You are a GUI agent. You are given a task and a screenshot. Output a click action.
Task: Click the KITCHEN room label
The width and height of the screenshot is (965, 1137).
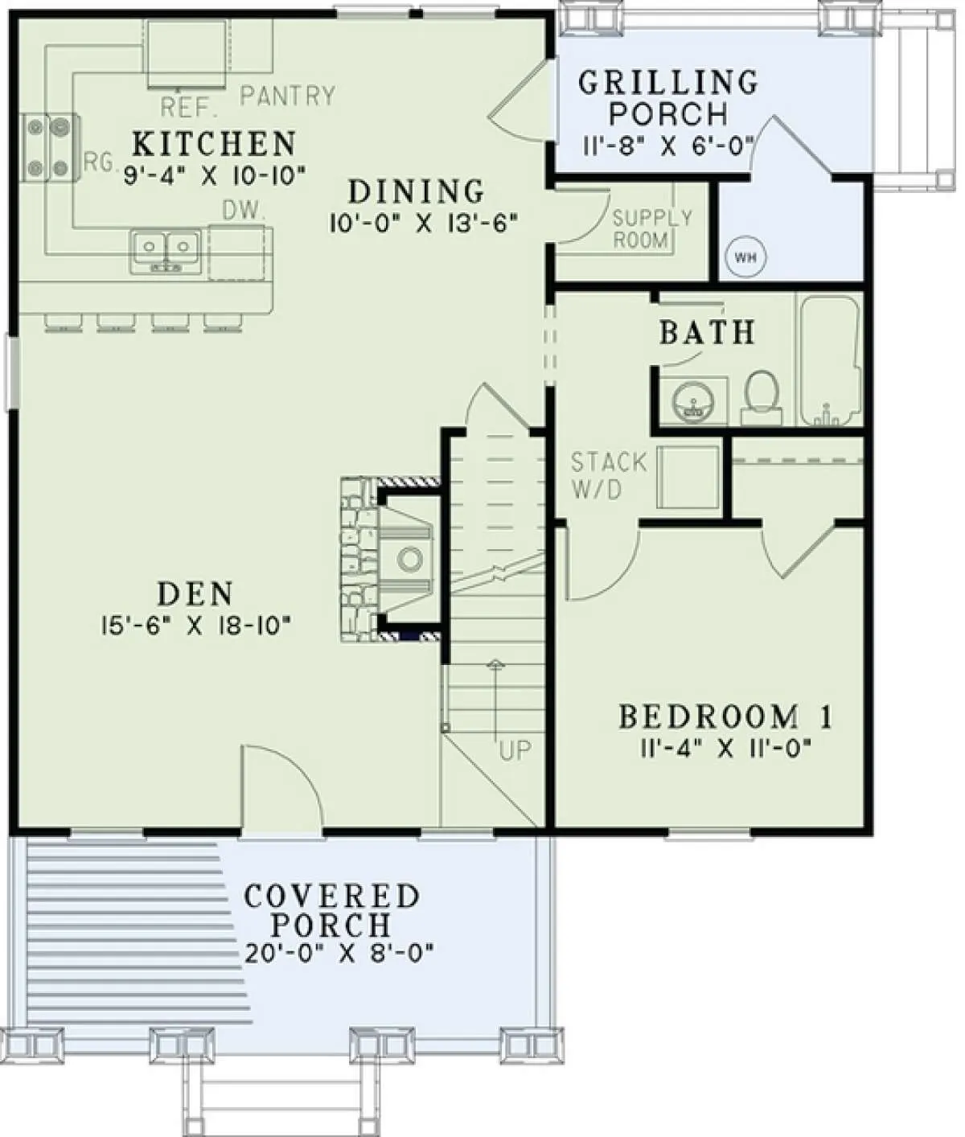[215, 144]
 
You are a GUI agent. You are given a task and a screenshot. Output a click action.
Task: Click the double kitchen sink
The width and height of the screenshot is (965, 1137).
[166, 252]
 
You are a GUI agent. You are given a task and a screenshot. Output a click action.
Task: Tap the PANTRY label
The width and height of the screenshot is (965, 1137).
[288, 96]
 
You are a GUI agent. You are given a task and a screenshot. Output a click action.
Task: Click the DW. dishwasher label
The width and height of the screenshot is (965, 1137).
[243, 211]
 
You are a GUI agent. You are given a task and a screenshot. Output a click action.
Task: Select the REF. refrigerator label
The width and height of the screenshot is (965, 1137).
[189, 107]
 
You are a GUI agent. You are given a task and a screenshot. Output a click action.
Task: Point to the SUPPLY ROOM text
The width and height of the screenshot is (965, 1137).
[652, 229]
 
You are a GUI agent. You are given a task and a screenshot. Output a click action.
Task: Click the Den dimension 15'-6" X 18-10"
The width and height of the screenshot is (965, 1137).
[195, 626]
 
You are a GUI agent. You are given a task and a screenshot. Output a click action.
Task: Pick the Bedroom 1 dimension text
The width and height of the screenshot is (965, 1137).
[726, 748]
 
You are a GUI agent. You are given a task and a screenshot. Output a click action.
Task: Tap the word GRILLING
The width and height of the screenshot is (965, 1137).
[668, 84]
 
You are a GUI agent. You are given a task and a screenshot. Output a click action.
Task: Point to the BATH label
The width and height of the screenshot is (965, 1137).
[707, 333]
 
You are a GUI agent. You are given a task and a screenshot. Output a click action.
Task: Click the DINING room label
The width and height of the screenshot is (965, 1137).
[417, 192]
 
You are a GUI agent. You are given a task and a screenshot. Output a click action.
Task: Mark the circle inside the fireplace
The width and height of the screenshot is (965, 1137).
[410, 560]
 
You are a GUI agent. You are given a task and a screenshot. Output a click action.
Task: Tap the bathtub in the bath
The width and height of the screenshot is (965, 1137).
[830, 360]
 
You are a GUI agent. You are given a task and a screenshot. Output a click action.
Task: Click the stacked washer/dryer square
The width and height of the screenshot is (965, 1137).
[689, 477]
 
